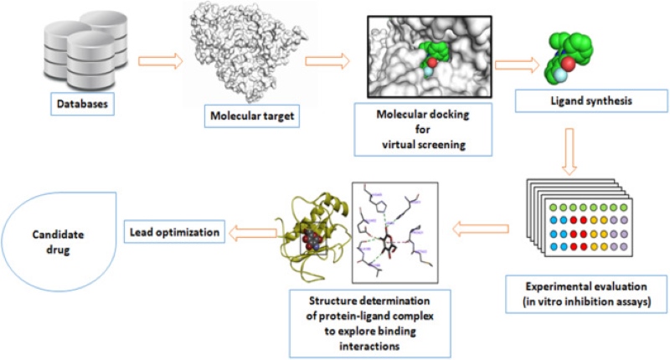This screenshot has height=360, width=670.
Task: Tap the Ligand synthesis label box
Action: (x=572, y=102)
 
